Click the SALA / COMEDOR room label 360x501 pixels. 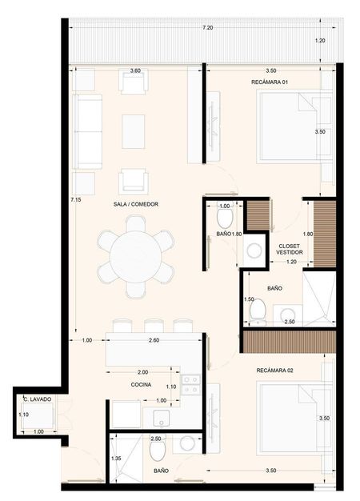click(x=136, y=204)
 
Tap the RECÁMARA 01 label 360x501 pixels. click(x=270, y=82)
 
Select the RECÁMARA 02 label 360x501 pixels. click(x=274, y=371)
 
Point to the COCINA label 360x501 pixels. click(x=141, y=385)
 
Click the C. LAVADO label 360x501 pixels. click(x=38, y=399)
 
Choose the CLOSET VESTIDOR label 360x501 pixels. click(x=290, y=249)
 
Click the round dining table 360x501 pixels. click(x=136, y=257)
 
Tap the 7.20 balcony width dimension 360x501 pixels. click(x=208, y=28)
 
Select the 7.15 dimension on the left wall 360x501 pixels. click(x=76, y=200)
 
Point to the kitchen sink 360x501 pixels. click(x=161, y=419)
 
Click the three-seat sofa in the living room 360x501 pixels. click(x=87, y=131)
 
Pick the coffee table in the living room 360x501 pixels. click(x=134, y=131)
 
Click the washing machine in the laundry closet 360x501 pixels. click(x=38, y=416)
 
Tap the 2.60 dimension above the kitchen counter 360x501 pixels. click(x=154, y=340)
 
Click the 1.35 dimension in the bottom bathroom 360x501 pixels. click(x=116, y=459)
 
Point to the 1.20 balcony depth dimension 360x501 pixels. click(x=320, y=41)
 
